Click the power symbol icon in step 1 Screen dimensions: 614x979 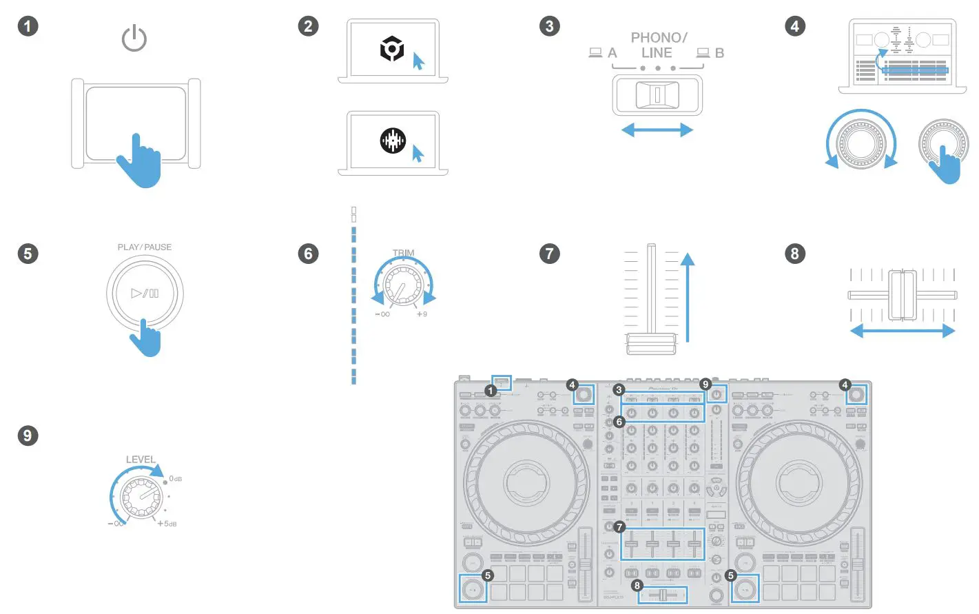pos(134,39)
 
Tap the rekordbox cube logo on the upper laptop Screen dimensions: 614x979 pos(392,50)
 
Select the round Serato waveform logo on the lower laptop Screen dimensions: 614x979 pos(393,141)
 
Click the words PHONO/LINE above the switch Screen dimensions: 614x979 pos(658,45)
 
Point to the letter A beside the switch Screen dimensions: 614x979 pos(612,53)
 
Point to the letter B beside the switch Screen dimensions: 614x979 pos(719,53)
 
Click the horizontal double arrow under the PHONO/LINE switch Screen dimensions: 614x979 pos(657,130)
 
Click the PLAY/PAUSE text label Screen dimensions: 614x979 pos(145,247)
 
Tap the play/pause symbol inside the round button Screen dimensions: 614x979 pos(145,293)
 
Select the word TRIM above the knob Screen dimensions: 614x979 pos(403,253)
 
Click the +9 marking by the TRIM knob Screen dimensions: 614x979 pos(421,314)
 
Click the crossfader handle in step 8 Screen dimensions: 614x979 pos(901,295)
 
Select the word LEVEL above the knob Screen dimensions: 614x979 pos(141,460)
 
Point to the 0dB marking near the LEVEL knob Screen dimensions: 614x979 pos(175,479)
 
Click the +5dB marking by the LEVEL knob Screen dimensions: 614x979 pos(167,524)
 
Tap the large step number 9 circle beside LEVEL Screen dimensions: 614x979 pos(28,436)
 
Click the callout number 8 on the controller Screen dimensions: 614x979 pos(637,585)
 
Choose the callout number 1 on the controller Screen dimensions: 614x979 pos(491,391)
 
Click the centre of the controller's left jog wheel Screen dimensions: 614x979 pos(527,482)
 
